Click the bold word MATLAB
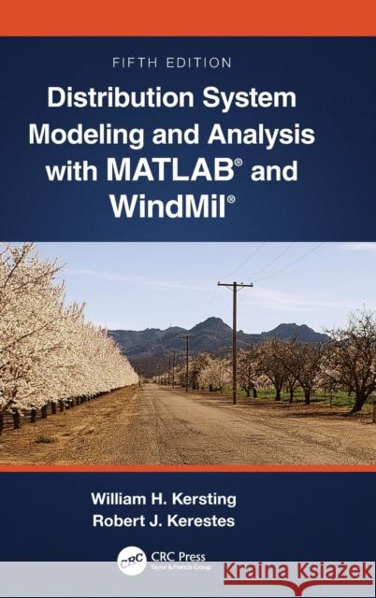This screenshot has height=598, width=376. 157,170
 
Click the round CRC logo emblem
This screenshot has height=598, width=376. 132,561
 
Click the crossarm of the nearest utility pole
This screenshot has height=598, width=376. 235,284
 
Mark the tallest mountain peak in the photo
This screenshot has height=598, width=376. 212,321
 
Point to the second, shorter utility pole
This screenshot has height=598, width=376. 187,360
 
